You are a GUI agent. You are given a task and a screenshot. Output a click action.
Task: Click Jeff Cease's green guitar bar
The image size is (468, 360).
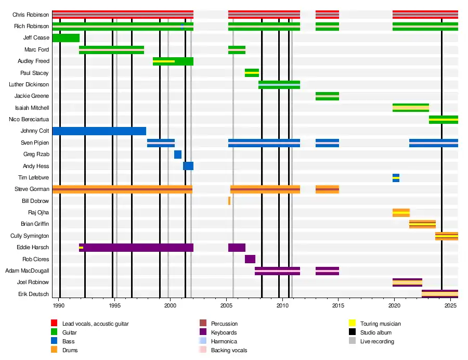[x=66, y=38]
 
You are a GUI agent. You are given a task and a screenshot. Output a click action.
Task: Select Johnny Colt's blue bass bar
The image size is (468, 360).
[x=99, y=131]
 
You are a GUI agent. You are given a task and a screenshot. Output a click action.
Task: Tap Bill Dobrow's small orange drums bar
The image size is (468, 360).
[x=229, y=201]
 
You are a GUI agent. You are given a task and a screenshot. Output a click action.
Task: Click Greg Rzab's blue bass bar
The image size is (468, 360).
[x=178, y=155]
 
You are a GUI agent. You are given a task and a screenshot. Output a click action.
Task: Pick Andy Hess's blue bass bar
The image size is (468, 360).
[x=188, y=166]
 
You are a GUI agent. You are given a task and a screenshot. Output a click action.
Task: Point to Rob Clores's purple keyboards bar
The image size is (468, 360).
[x=250, y=259]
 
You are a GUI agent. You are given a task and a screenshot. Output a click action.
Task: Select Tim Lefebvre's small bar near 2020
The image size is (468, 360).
[x=396, y=178]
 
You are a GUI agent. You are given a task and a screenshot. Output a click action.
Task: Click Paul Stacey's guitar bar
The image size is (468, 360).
[x=252, y=73]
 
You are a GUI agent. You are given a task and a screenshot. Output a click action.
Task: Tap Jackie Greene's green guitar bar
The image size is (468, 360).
[x=327, y=96]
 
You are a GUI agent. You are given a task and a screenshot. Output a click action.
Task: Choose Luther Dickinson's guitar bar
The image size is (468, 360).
[x=279, y=85]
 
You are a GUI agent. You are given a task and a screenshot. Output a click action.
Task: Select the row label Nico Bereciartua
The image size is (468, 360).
[x=29, y=120]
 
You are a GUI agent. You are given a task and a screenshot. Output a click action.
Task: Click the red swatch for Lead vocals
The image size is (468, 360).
[x=54, y=324]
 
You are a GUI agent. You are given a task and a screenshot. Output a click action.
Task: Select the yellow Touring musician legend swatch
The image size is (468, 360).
[x=352, y=324]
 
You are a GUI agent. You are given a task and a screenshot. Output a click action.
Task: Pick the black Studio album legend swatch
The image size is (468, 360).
[x=352, y=332]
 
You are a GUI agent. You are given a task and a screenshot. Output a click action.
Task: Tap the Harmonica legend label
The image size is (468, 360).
[x=224, y=341]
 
